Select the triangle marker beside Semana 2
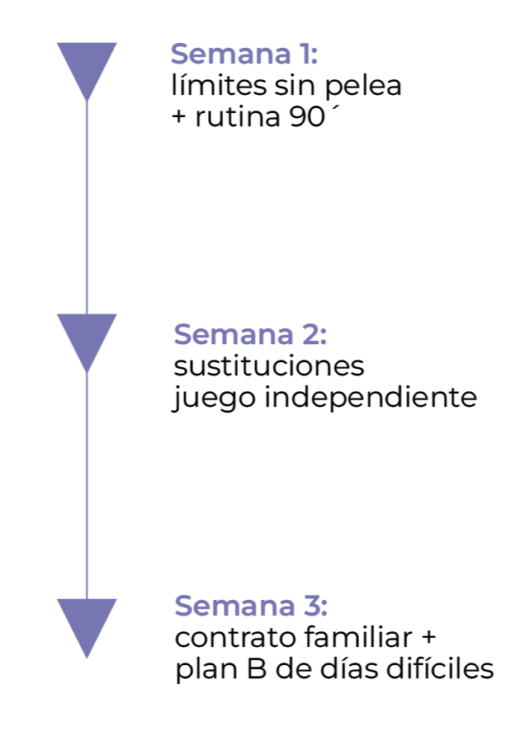87,335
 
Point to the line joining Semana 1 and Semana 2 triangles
87,206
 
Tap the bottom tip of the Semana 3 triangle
87,657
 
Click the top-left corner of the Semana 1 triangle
59,45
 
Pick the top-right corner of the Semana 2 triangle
116,315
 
